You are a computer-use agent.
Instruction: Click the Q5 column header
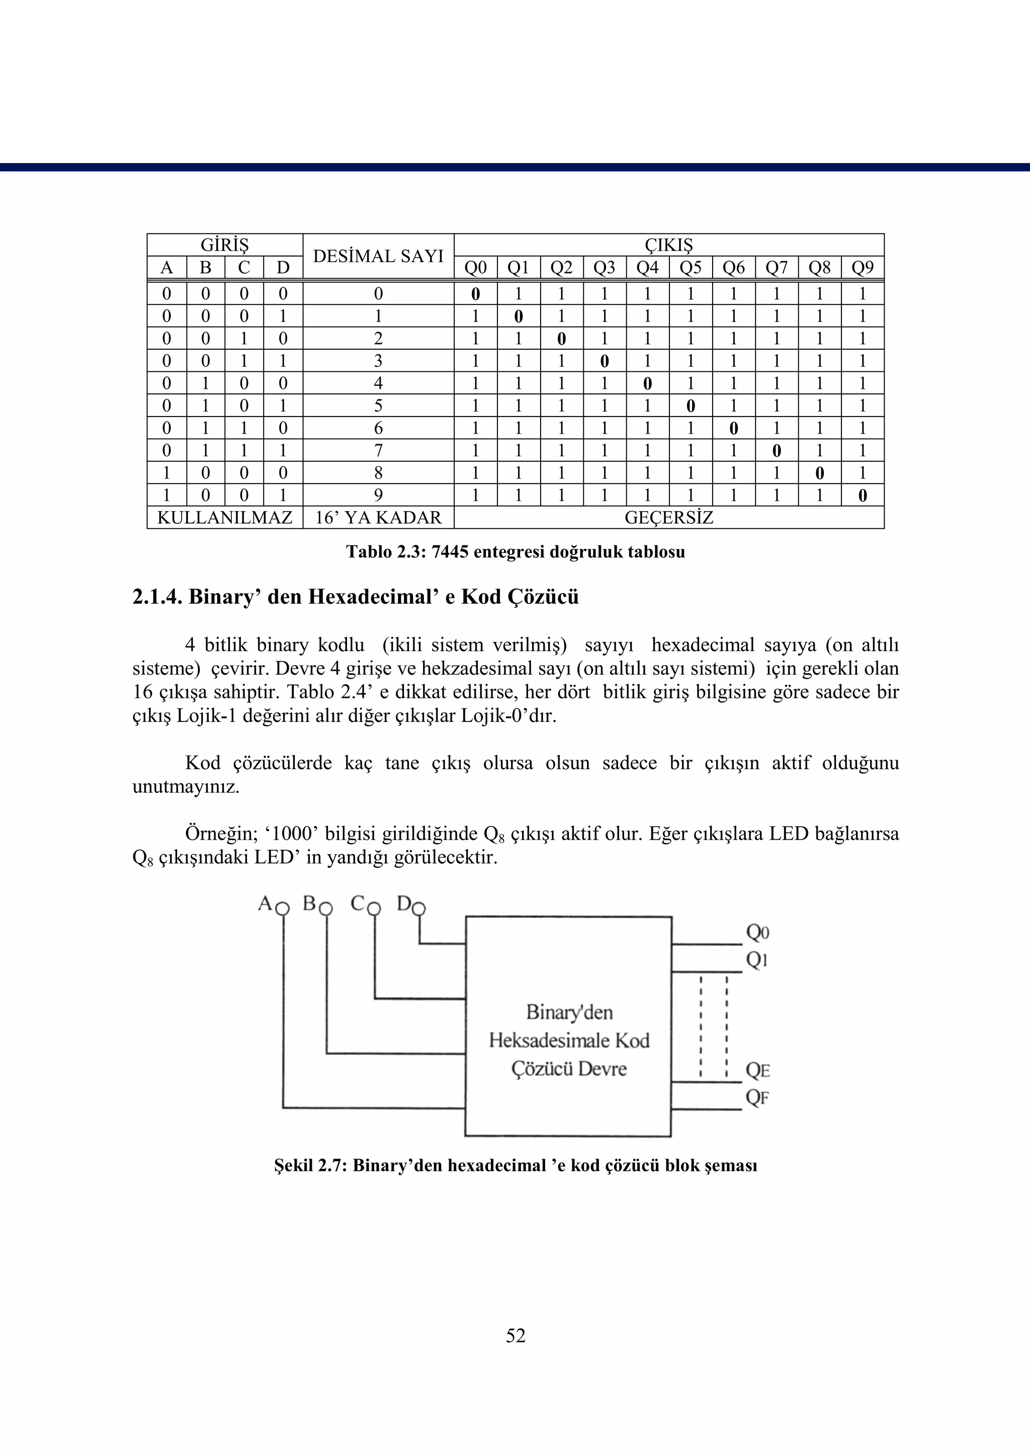coord(690,268)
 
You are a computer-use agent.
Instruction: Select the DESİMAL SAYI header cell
coord(378,256)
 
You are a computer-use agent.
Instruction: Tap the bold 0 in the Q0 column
coord(475,294)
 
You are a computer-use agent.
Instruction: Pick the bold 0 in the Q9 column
coord(862,496)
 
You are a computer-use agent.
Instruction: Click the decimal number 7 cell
coord(378,450)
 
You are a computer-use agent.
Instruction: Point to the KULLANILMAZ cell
coord(224,518)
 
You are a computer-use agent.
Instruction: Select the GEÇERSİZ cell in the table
coord(668,518)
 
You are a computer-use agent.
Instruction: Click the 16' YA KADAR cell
coord(378,518)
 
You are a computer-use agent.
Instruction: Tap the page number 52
coord(515,1335)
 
